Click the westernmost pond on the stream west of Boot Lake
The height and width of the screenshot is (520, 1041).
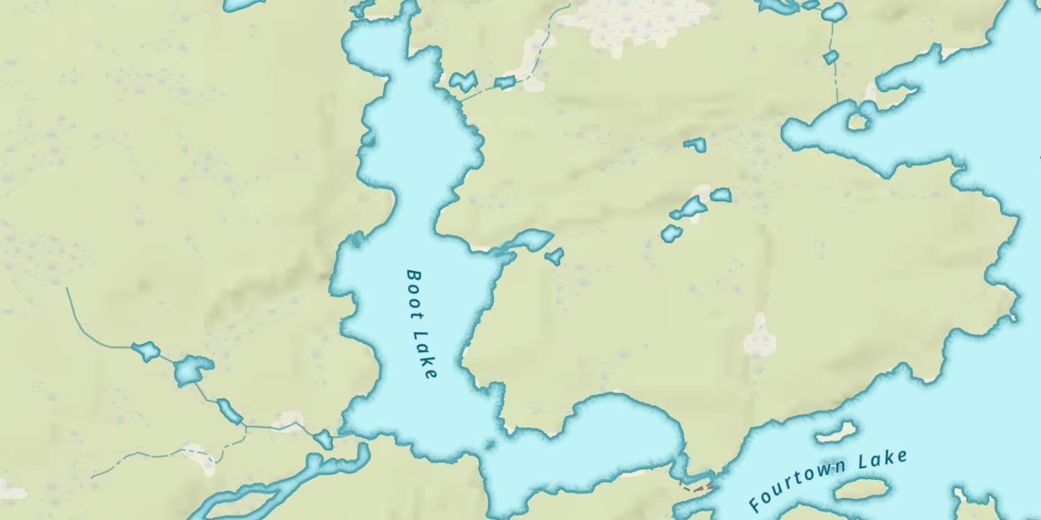[146, 352]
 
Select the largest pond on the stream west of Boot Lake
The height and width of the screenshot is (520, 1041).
[191, 370]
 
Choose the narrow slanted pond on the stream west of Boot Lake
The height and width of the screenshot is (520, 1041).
[229, 410]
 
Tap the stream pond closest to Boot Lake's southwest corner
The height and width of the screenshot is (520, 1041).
[323, 438]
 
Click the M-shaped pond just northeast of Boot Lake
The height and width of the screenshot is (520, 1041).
[462, 80]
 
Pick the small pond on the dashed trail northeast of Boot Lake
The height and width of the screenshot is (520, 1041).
[505, 83]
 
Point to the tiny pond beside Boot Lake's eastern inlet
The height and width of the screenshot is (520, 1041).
[554, 257]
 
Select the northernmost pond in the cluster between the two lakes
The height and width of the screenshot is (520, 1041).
[695, 144]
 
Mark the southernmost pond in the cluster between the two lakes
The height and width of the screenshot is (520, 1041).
[671, 233]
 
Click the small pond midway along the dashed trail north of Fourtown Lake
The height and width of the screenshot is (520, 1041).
[831, 57]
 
